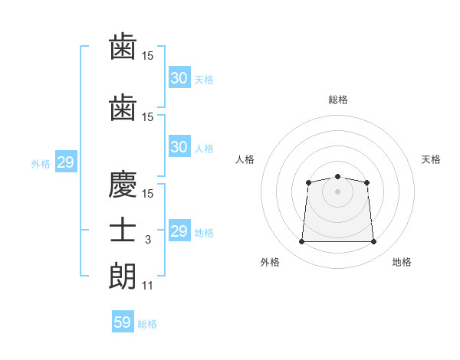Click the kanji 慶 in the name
pos(123,184)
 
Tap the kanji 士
pos(123,230)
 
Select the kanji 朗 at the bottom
pos(123,276)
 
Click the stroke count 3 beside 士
pos(148,240)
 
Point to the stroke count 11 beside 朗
pos(147,286)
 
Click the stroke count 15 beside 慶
pos(147,194)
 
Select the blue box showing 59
pos(123,321)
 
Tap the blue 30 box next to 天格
pos(179,77)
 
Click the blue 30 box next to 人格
pos(179,146)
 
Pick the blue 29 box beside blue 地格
pos(179,230)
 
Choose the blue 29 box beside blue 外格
pos(66,162)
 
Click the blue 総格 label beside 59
pos(147,324)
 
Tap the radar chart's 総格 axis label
pos(338,100)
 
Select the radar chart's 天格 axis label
pos(431,159)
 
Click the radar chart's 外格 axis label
pos(270,262)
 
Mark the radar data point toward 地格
pos(373,241)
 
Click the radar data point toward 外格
pos(301,241)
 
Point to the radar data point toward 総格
pos(337,176)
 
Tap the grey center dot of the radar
pos(337,191)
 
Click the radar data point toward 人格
pos(308,182)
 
